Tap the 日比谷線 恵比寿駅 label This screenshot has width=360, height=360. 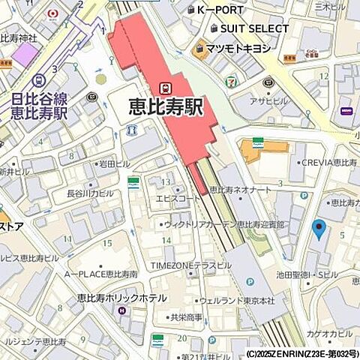click(40, 106)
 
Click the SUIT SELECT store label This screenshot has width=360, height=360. click(254, 28)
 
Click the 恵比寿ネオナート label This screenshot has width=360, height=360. click(240, 190)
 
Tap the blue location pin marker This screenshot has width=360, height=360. click(319, 229)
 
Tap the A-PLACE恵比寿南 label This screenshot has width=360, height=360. click(100, 274)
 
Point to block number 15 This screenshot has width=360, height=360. click(107, 243)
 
